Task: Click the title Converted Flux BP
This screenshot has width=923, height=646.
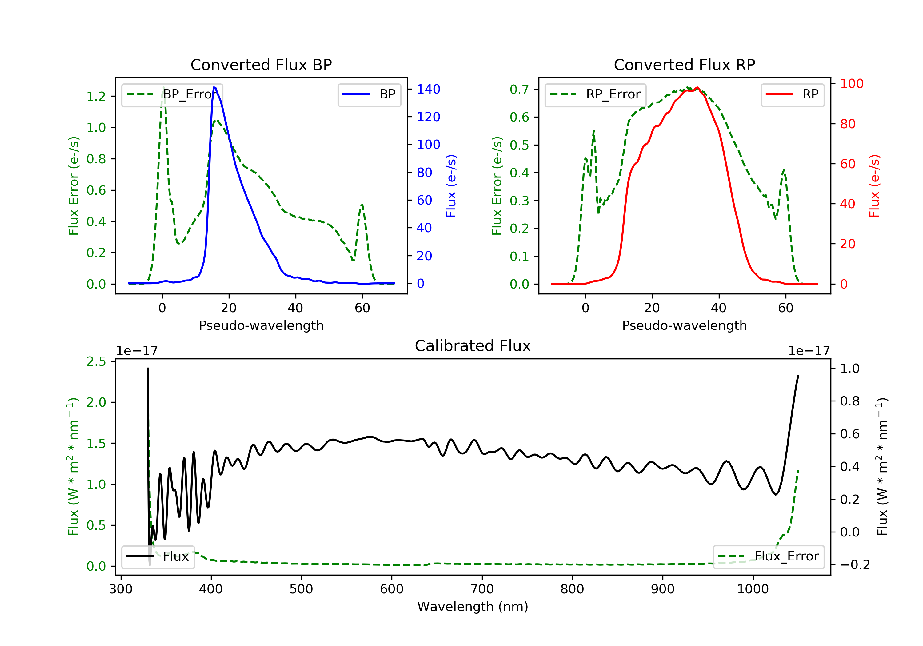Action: pos(261,65)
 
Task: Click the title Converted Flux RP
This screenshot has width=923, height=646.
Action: pos(684,65)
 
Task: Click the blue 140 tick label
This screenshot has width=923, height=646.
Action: pos(428,89)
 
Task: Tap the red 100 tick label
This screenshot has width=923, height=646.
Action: pos(851,84)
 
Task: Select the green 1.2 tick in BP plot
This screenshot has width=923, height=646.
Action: pos(96,97)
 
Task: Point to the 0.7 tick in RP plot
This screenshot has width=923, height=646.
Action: pos(519,89)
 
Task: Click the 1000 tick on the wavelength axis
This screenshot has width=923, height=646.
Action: pos(753,589)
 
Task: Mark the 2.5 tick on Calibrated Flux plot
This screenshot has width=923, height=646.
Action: pos(96,361)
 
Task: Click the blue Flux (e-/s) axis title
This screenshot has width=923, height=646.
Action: pos(451,186)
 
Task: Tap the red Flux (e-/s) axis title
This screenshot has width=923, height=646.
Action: pos(874,186)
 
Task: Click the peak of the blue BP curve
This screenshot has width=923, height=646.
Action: pos(215,87)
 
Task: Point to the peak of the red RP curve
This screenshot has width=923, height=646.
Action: pos(697,88)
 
